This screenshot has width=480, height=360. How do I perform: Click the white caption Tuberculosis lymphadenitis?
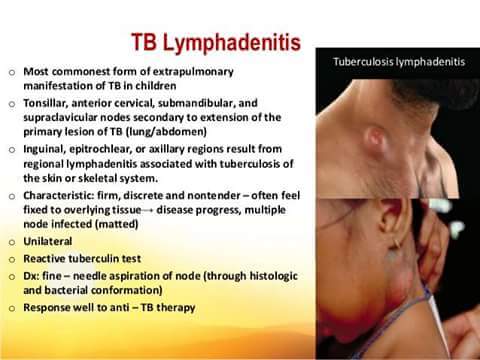point(398,61)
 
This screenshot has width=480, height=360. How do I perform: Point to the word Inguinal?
point(45,148)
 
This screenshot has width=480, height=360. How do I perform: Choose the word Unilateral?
point(49,240)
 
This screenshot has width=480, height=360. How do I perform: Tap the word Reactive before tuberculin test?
point(46,257)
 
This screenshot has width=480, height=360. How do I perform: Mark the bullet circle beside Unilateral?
point(9,241)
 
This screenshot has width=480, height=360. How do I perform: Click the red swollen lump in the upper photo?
point(374,135)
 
